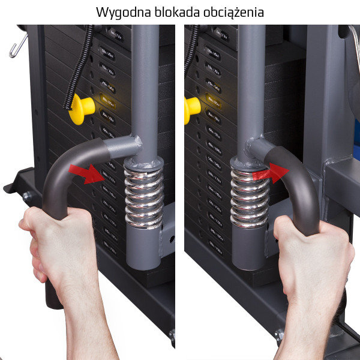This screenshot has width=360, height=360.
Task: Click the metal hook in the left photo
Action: [x=18, y=45]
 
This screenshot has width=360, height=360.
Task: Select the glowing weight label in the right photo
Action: [x=212, y=98]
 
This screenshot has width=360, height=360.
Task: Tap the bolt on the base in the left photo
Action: [x=26, y=196]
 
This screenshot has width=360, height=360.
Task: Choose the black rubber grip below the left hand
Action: [x=55, y=297]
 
